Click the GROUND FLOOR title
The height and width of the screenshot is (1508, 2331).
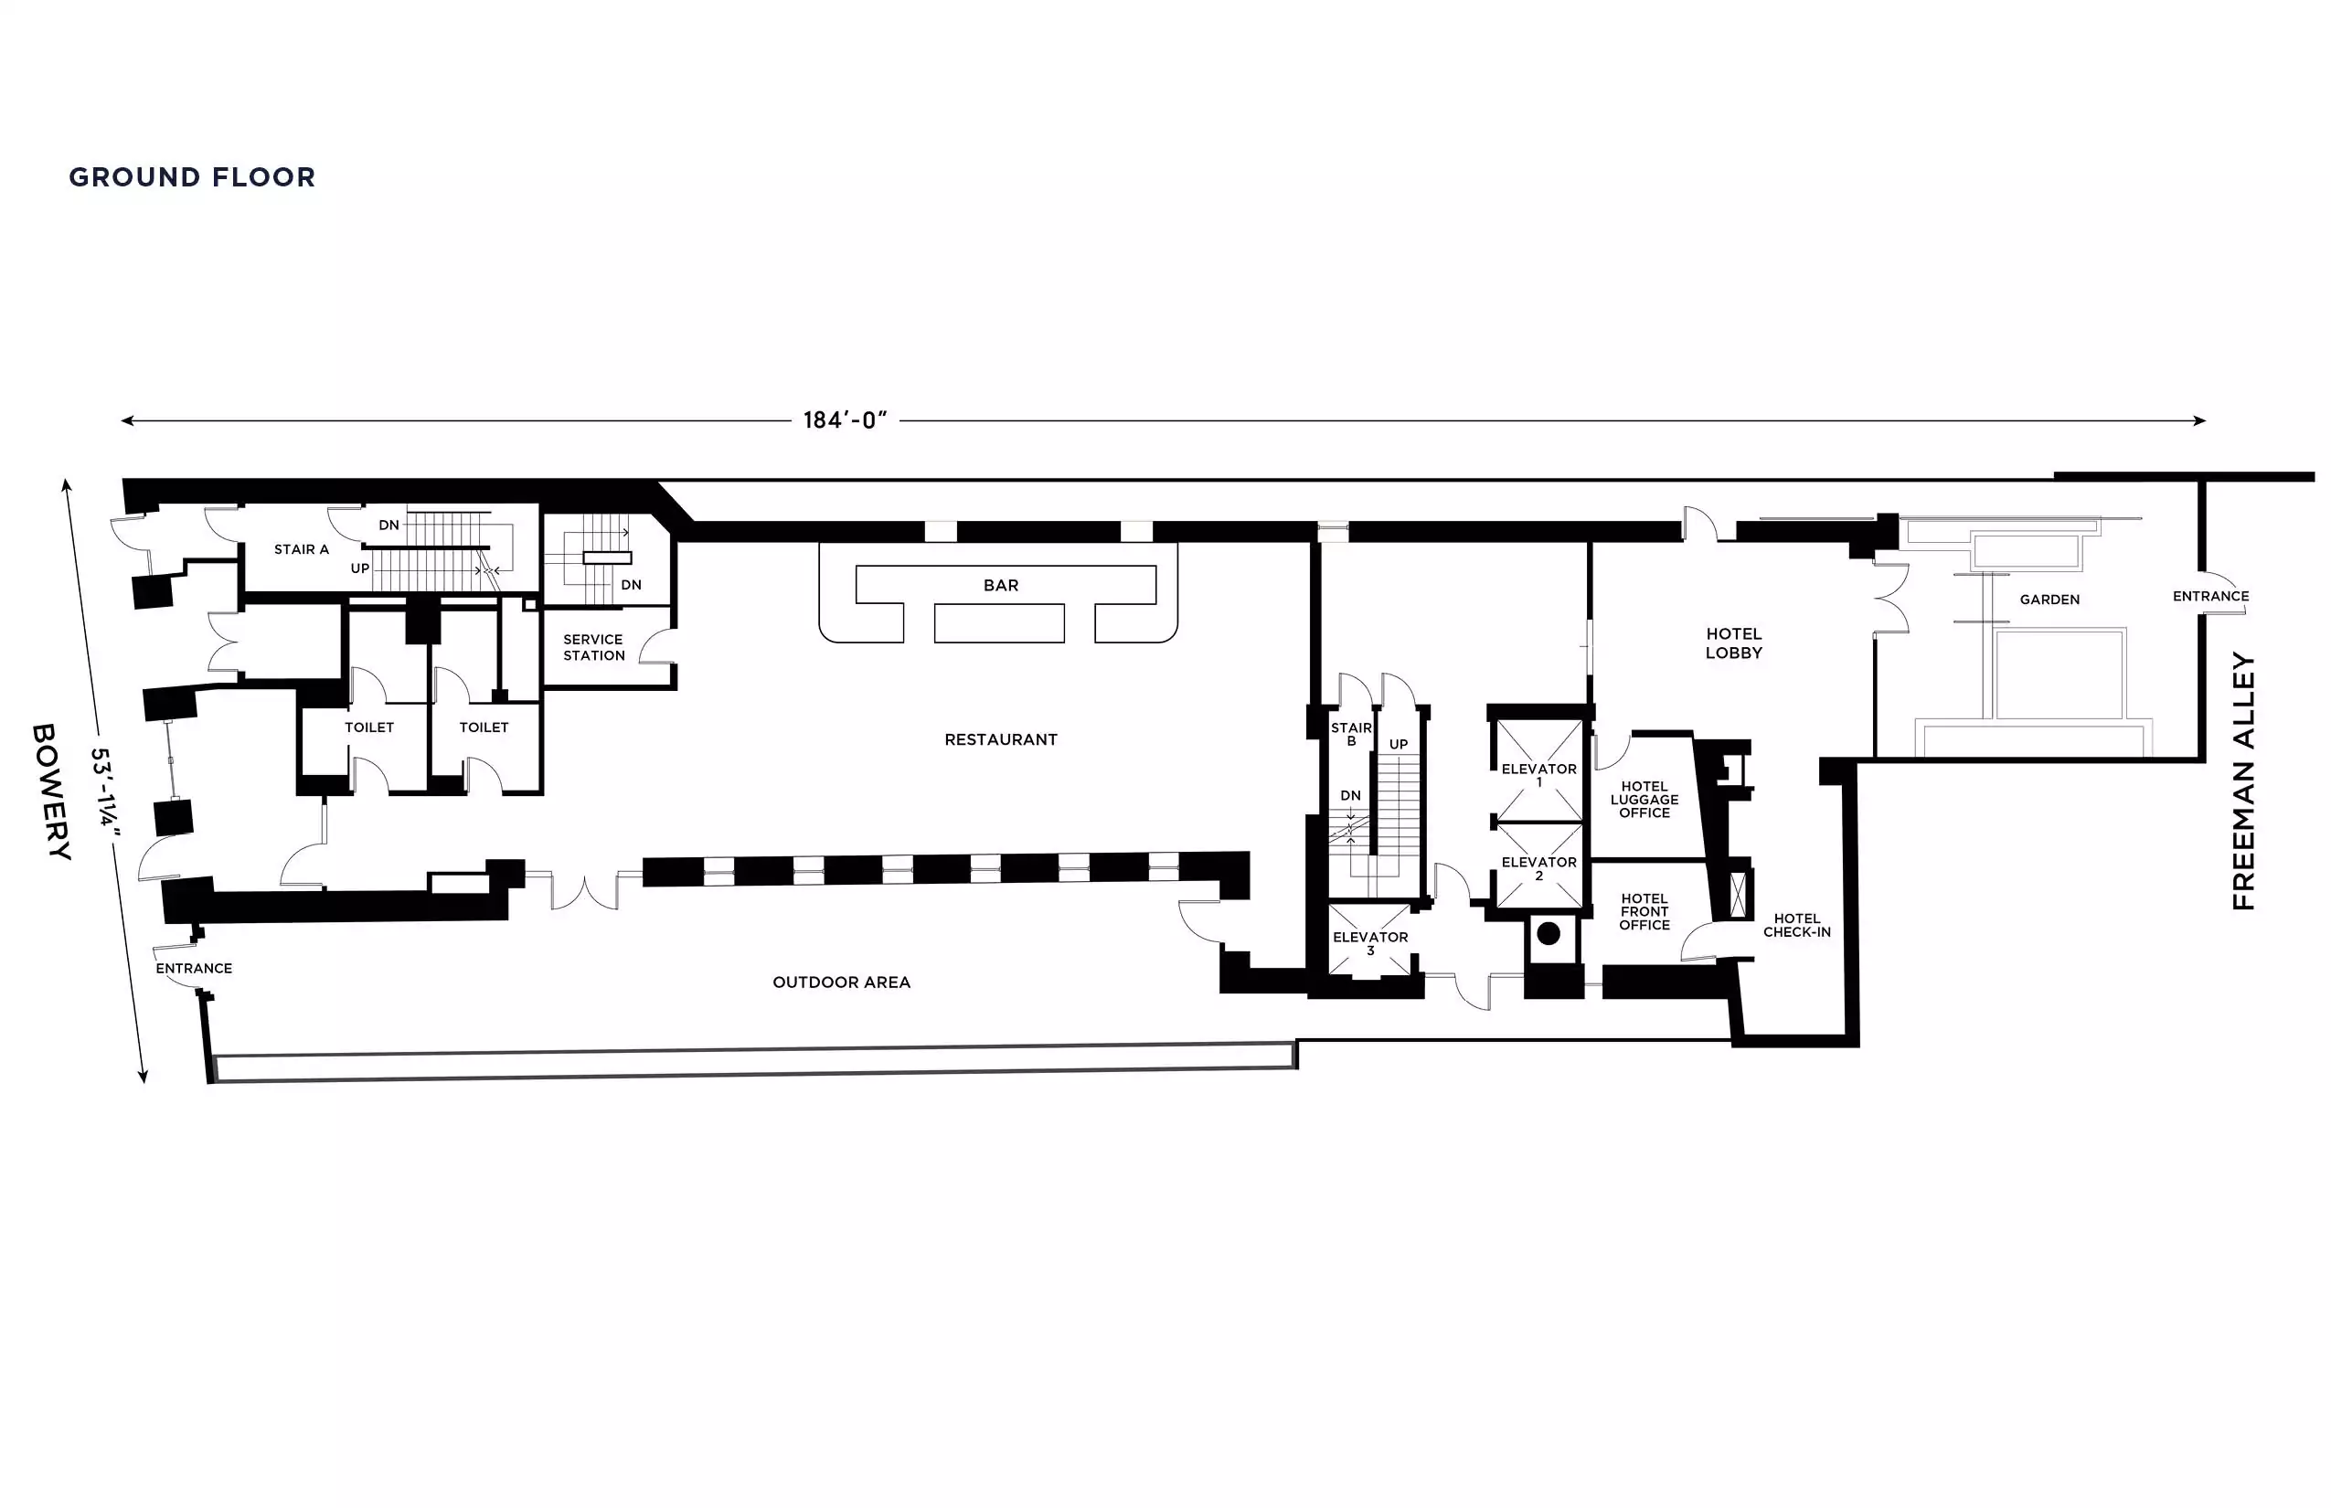pos(192,177)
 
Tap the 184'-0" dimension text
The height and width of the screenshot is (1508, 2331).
pos(846,420)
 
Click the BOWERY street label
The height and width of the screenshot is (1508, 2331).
pos(51,791)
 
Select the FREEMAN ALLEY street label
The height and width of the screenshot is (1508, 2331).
pos(2244,781)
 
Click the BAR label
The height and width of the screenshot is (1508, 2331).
pos(1001,586)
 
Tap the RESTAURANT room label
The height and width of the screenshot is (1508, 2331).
pos(1001,739)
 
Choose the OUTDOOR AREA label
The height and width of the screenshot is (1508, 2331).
pos(841,982)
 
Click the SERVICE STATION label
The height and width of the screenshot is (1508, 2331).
pos(593,647)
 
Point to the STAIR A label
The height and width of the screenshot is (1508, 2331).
pos(302,549)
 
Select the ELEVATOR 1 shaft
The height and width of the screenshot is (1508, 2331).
pos(1539,770)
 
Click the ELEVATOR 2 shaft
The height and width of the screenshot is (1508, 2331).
pos(1539,866)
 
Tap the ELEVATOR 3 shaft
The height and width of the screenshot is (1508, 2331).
pos(1370,940)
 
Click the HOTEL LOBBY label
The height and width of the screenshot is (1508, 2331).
pos(1733,643)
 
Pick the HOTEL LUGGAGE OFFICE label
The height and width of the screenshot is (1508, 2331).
pos(1644,799)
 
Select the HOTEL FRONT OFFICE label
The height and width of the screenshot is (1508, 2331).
pos(1644,912)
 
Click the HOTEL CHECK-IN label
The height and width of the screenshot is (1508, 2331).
pos(1797,925)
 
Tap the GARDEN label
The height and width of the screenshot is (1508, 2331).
pos(2049,600)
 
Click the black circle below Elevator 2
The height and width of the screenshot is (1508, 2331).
pos(1549,933)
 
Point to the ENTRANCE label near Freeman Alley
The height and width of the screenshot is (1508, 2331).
pos(2210,596)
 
